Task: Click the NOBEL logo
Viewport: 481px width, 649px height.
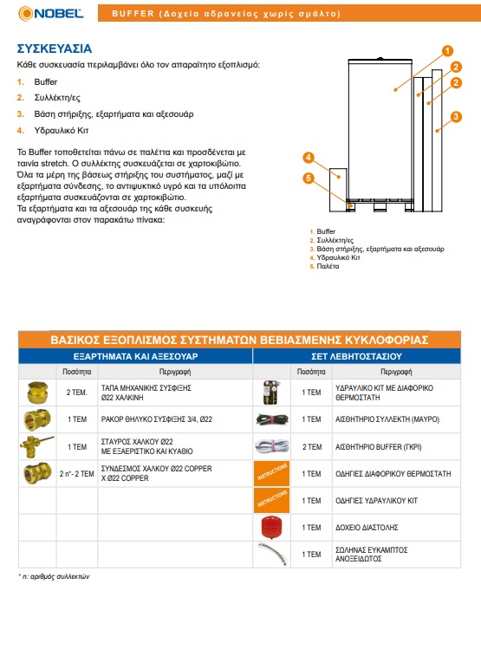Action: [50, 13]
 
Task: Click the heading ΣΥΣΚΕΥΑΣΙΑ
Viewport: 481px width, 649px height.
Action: [55, 49]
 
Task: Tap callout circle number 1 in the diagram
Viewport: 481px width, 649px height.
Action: [447, 51]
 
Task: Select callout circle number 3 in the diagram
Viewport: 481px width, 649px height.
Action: [456, 117]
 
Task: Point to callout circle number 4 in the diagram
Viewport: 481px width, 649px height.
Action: [308, 158]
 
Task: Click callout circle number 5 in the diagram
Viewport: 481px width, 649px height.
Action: [308, 178]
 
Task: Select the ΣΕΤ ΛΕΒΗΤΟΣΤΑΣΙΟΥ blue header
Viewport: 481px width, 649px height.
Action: [356, 356]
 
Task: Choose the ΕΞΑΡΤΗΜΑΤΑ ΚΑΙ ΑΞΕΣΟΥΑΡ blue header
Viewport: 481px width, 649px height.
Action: [135, 356]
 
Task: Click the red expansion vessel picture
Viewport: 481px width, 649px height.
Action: [271, 528]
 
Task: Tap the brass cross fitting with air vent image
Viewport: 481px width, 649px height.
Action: [37, 446]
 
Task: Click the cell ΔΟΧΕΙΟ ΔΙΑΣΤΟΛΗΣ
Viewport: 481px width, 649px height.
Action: [367, 528]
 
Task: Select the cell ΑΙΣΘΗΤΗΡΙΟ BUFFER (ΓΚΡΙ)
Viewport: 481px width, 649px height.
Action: [379, 447]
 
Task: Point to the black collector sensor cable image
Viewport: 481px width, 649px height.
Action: [272, 419]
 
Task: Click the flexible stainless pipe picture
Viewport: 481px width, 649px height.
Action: [272, 555]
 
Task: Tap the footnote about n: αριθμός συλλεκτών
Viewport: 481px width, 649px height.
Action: [54, 576]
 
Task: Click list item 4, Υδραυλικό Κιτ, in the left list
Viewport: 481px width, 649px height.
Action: [53, 130]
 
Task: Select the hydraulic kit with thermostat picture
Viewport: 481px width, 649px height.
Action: [271, 393]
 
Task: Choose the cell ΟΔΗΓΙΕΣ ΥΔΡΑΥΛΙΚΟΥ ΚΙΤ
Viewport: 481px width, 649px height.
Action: [376, 501]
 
